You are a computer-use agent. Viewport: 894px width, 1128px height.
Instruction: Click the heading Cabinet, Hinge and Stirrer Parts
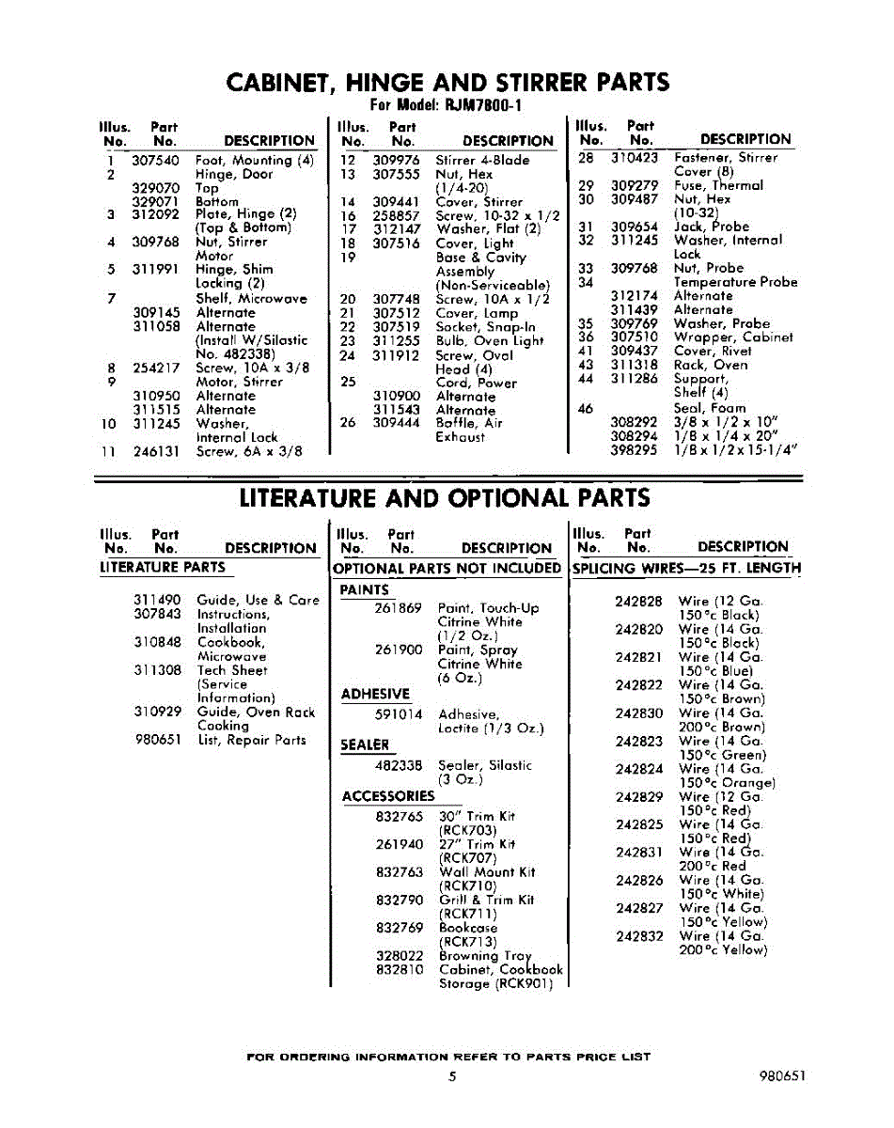pyautogui.click(x=447, y=82)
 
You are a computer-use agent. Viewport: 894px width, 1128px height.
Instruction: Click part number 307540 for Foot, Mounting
pyautogui.click(x=156, y=161)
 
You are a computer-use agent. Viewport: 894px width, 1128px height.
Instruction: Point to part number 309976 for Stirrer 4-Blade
pyautogui.click(x=396, y=161)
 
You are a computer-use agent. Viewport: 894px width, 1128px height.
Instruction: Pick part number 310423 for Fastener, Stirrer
pyautogui.click(x=635, y=158)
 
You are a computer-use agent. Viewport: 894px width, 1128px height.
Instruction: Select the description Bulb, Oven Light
pyautogui.click(x=489, y=341)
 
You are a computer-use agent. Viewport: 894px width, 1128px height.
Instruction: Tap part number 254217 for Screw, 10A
pyautogui.click(x=156, y=368)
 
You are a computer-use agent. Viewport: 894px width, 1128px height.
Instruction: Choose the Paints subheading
pyautogui.click(x=364, y=590)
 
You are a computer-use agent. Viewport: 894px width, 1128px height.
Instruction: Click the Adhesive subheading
pyautogui.click(x=375, y=695)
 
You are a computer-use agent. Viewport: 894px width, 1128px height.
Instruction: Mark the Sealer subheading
pyautogui.click(x=364, y=745)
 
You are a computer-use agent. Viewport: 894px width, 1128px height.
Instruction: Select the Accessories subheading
pyautogui.click(x=388, y=796)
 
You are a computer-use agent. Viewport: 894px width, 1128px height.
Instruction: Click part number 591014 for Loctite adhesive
pyautogui.click(x=398, y=715)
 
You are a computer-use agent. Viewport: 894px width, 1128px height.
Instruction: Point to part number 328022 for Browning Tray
pyautogui.click(x=398, y=956)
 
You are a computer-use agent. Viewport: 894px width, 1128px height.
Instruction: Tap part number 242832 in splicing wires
pyautogui.click(x=639, y=936)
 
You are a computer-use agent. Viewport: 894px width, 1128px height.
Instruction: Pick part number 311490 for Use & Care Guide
pyautogui.click(x=157, y=600)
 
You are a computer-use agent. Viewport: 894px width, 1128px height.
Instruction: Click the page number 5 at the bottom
pyautogui.click(x=452, y=1077)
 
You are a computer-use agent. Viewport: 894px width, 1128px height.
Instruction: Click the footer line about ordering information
pyautogui.click(x=447, y=1057)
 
